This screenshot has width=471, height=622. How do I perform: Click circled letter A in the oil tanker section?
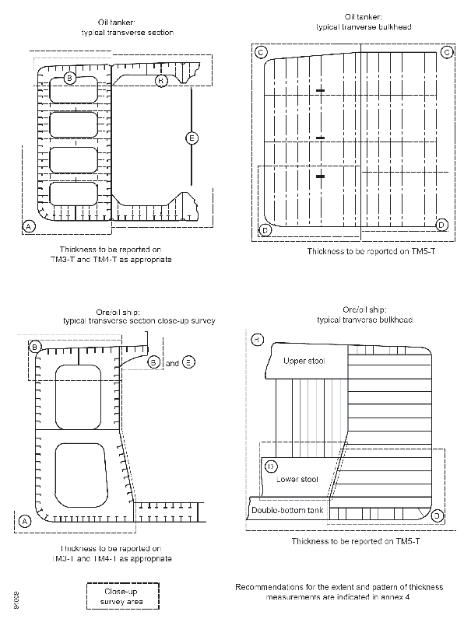click(x=29, y=225)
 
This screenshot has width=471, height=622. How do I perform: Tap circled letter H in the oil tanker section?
click(x=161, y=80)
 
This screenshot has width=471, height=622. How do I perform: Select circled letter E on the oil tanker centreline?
click(x=192, y=138)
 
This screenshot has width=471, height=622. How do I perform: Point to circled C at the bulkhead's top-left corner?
click(x=262, y=52)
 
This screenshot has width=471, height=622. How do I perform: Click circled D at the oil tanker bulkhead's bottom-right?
click(x=441, y=225)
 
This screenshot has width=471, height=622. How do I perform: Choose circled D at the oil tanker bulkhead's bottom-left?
click(x=265, y=230)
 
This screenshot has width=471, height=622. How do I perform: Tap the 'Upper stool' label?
click(x=304, y=362)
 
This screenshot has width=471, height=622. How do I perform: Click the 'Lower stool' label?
click(x=297, y=479)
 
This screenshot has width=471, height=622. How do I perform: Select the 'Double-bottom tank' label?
click(x=286, y=510)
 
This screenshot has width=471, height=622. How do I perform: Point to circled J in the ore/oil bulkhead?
click(x=438, y=515)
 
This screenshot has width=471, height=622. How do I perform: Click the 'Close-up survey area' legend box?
click(x=121, y=596)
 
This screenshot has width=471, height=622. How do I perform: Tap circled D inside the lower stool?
click(x=271, y=466)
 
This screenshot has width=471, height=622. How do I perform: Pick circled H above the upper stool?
click(x=258, y=339)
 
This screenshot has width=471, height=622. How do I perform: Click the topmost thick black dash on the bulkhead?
click(x=319, y=93)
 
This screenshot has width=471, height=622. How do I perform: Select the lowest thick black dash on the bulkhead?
click(x=319, y=176)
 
